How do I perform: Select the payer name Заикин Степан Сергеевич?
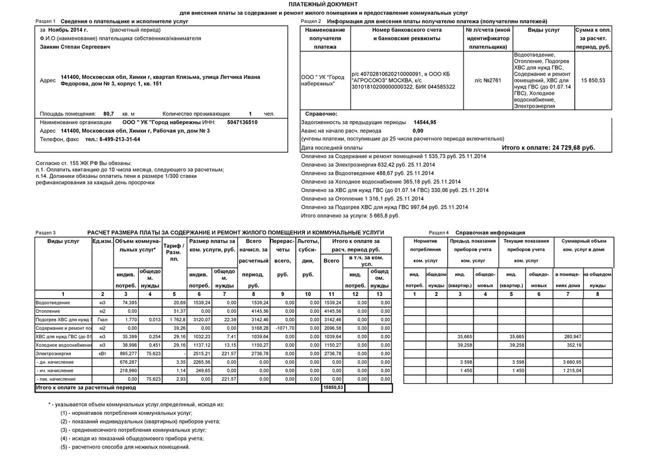74,46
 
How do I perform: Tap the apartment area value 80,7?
108,113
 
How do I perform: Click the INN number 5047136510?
242,122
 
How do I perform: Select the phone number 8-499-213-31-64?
112,139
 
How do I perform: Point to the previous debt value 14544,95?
424,122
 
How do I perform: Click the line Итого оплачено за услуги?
349,215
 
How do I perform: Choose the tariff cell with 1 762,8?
176,319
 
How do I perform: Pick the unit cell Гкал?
102,319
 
